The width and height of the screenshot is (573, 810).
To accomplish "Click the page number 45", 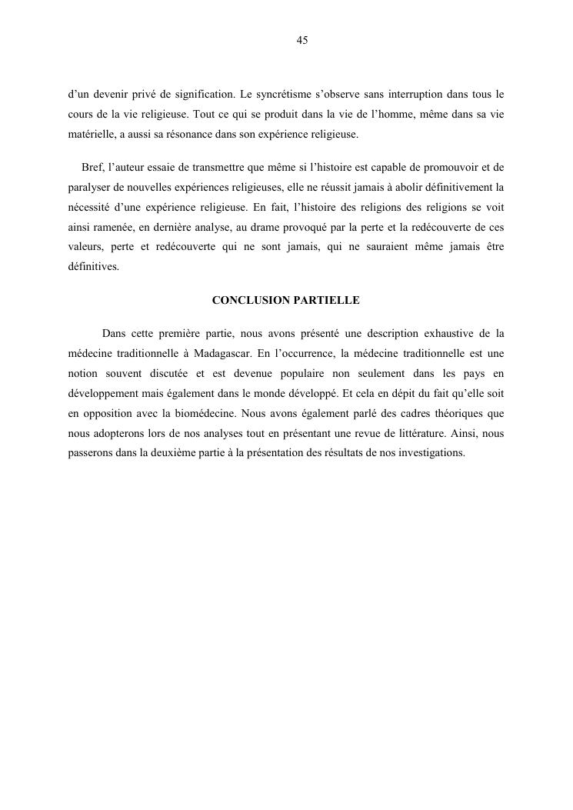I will click(x=301, y=41).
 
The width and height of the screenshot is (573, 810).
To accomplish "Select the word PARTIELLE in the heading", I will click(x=326, y=301).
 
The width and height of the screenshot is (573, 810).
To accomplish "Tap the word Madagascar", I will click(x=219, y=354).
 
